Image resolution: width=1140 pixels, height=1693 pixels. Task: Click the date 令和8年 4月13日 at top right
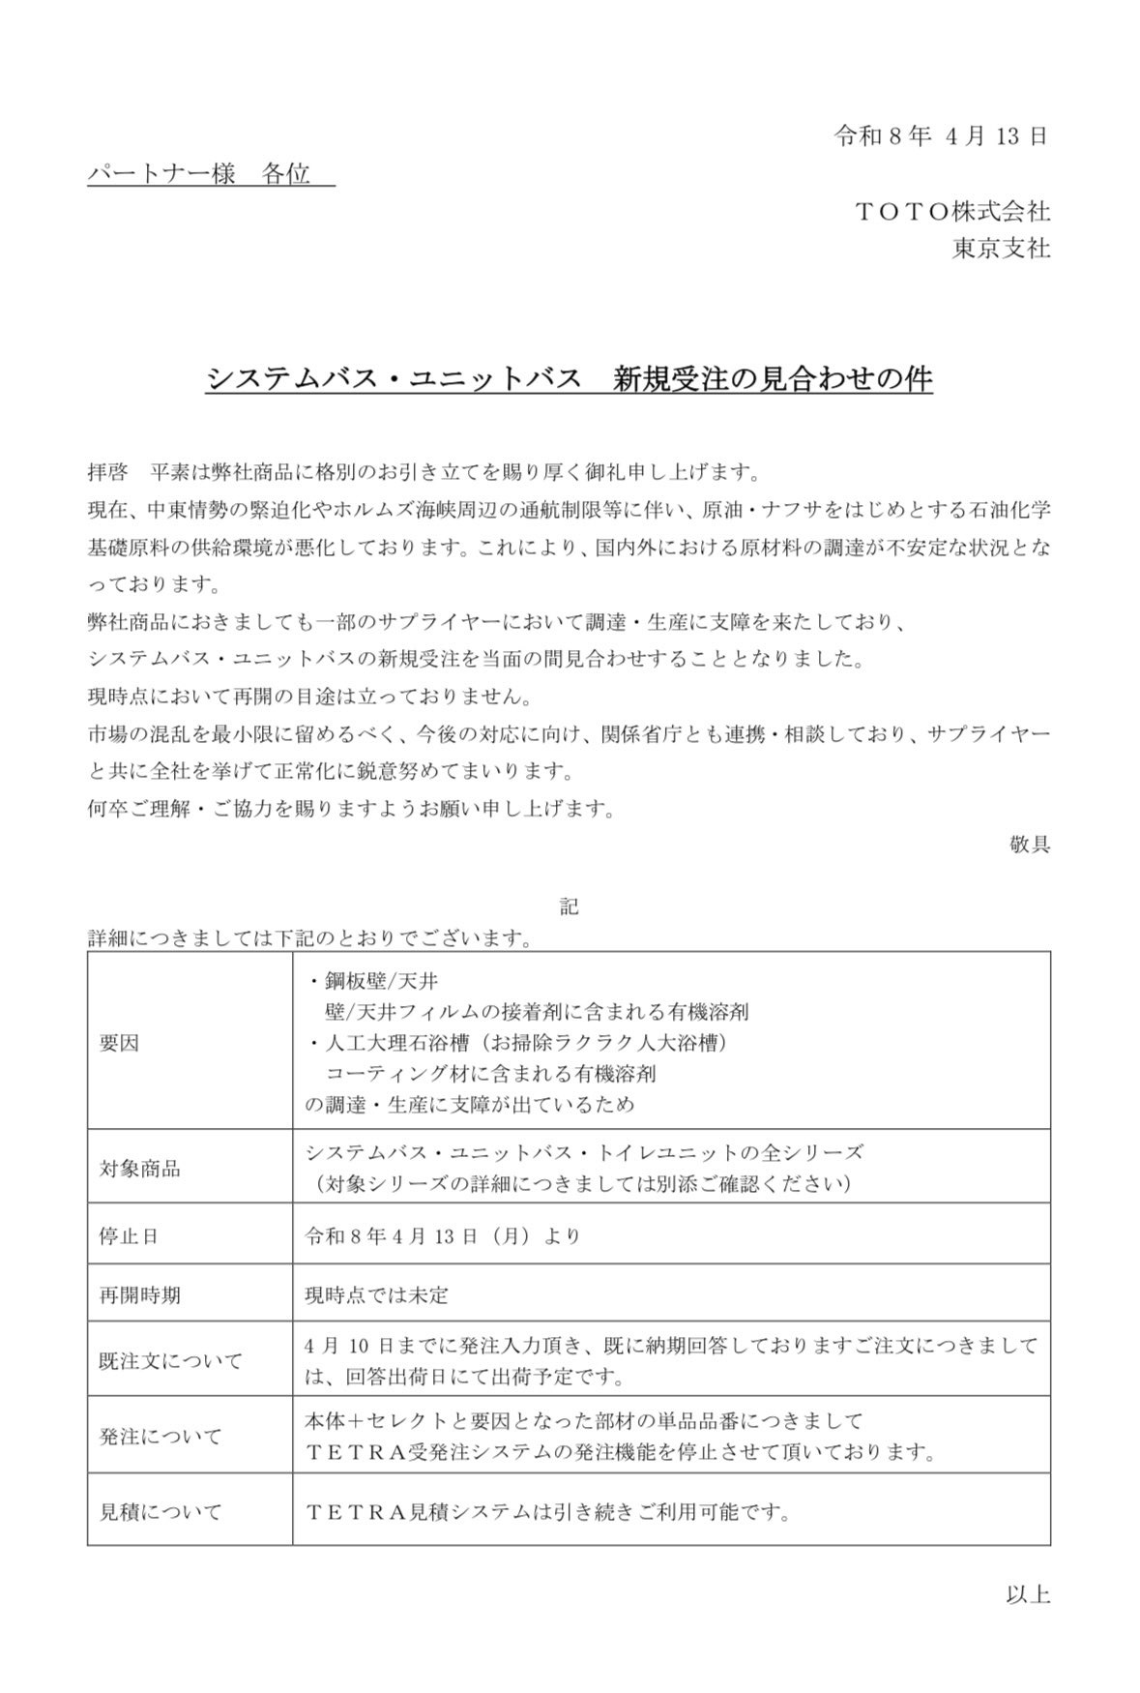pyautogui.click(x=941, y=136)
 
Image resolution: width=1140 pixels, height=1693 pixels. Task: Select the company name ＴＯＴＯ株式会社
pyautogui.click(x=952, y=211)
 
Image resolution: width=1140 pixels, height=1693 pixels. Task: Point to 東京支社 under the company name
pyautogui.click(x=1001, y=249)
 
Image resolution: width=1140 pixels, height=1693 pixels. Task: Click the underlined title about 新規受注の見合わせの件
pyautogui.click(x=570, y=378)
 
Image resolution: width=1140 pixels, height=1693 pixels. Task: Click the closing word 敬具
pyautogui.click(x=1029, y=844)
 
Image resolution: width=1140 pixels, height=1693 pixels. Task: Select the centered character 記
pyautogui.click(x=569, y=906)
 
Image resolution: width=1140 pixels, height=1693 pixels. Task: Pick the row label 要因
pyautogui.click(x=119, y=1042)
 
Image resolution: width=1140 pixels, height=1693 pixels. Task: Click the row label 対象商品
pyautogui.click(x=139, y=1168)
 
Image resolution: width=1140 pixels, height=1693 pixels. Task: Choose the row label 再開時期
pyautogui.click(x=139, y=1294)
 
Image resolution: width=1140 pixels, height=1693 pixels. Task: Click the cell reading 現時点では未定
pyautogui.click(x=376, y=1294)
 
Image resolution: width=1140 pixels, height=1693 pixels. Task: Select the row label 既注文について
pyautogui.click(x=170, y=1360)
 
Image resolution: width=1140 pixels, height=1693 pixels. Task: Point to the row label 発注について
pyautogui.click(x=160, y=1436)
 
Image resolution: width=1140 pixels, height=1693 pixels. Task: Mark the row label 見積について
pyautogui.click(x=160, y=1511)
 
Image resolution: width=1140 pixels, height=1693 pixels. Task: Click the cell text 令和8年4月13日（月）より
pyautogui.click(x=442, y=1235)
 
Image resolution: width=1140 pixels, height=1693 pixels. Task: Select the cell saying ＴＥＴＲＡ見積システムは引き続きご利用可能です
pyautogui.click(x=547, y=1511)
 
